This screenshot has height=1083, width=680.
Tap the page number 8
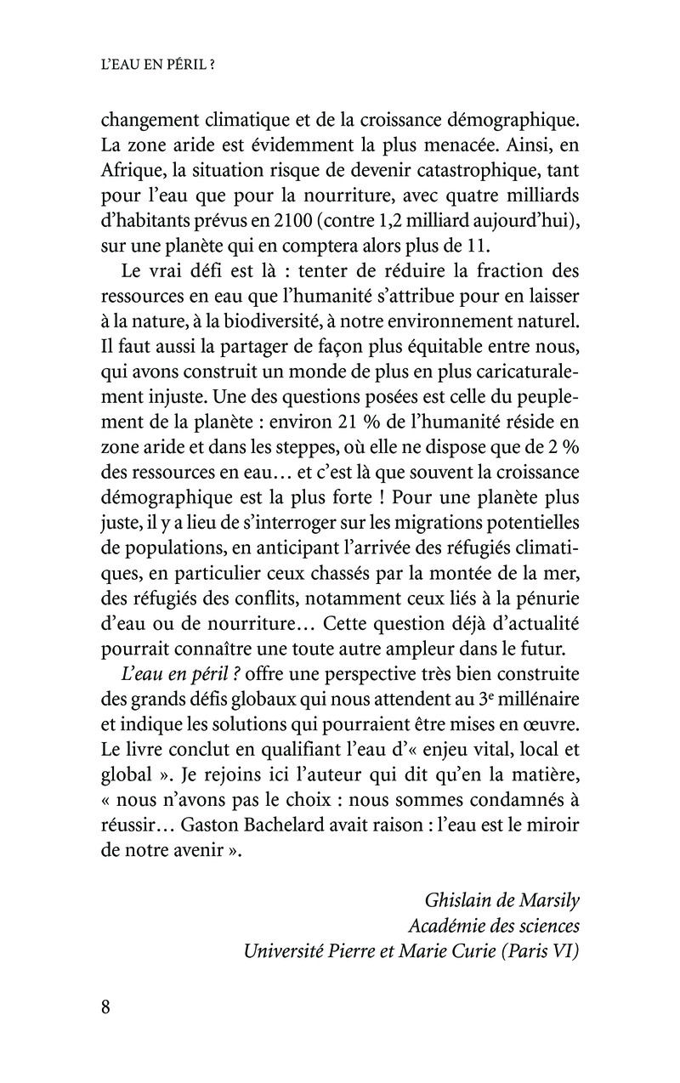pyautogui.click(x=106, y=1008)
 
